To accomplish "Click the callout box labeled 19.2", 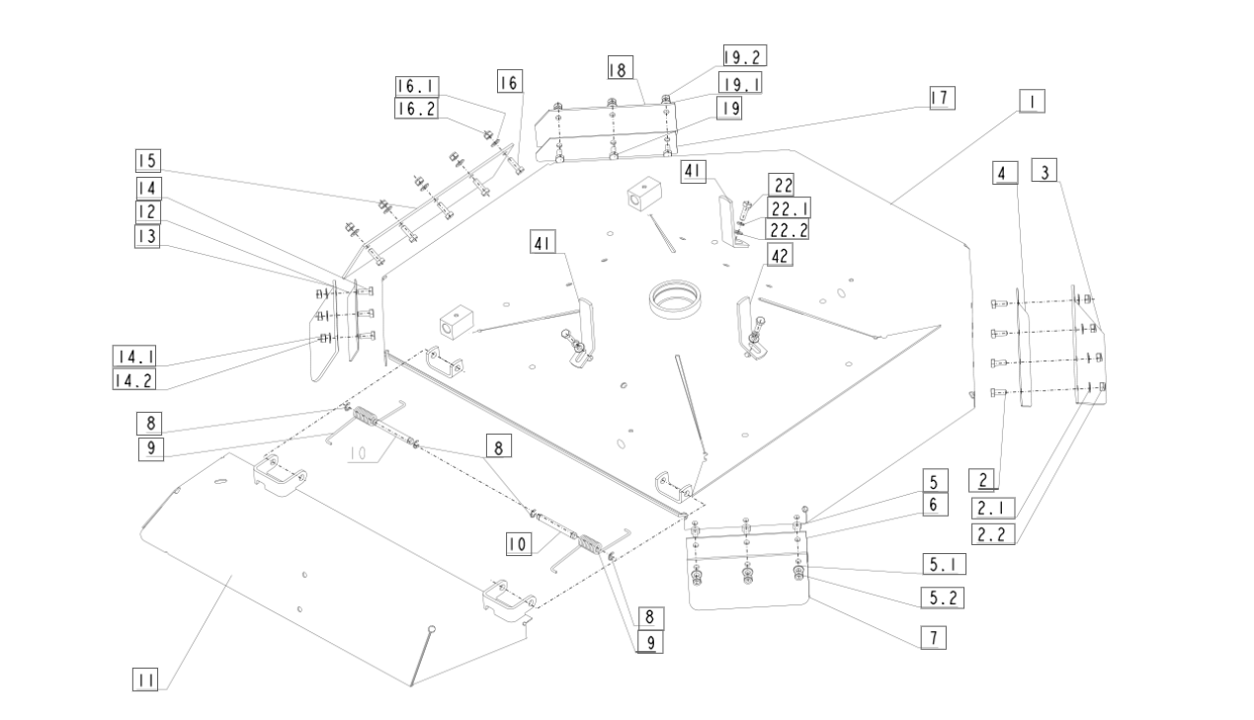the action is point(744,56).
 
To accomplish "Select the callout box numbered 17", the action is point(942,98).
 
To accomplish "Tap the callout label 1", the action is point(1032,102).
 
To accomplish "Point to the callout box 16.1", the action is point(416,86).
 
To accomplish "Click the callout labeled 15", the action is point(148,161).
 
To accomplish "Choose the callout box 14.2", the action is point(133,380).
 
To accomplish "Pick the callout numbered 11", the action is point(145,680).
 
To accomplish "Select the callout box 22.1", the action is point(789,208).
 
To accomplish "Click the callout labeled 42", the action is point(780,255).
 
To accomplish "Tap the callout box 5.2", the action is point(943,598).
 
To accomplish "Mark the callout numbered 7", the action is point(934,638).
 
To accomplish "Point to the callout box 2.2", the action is point(993,534).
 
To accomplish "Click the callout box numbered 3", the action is point(1045,171).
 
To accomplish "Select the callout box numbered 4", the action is point(1005,172).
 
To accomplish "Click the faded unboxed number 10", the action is point(357,452).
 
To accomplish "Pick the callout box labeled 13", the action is point(147,236).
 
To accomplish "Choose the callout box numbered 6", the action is point(935,505).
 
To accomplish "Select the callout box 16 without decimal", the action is point(510,81).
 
